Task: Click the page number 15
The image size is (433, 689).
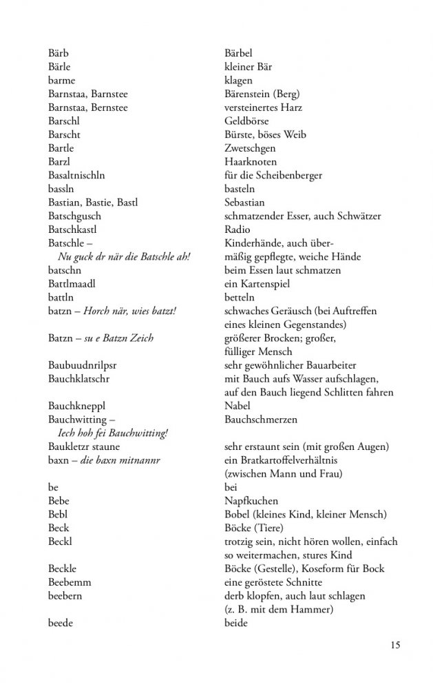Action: (x=394, y=645)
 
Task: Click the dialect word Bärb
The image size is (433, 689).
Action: (x=59, y=53)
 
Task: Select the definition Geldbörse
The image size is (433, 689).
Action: (x=248, y=121)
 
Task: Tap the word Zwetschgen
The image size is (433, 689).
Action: (x=250, y=147)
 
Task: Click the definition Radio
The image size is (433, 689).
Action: (x=237, y=229)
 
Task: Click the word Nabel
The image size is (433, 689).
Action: (x=237, y=405)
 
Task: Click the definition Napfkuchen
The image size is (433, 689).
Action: (x=252, y=500)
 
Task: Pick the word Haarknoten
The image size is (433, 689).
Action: (x=251, y=161)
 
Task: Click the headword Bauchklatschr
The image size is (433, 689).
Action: (x=79, y=378)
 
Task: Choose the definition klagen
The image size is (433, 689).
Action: (x=238, y=80)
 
